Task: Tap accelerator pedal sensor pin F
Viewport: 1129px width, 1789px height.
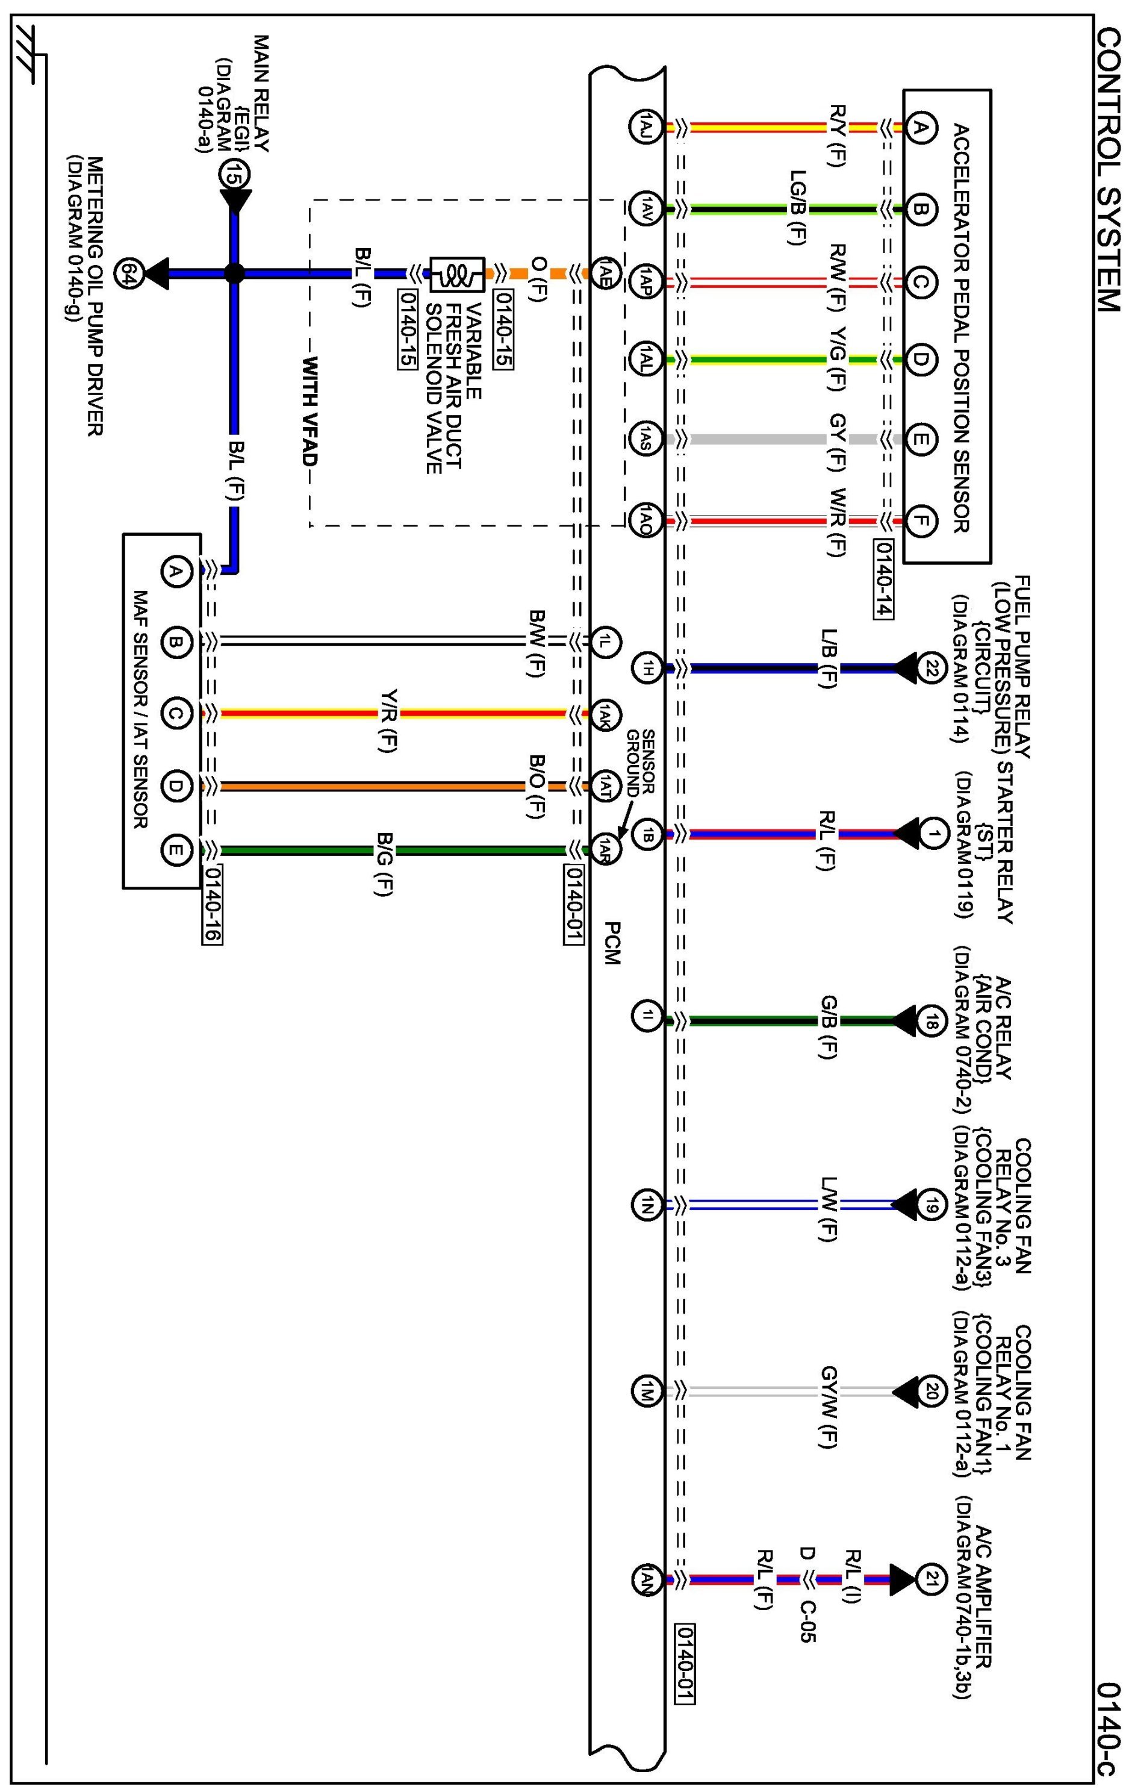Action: [919, 521]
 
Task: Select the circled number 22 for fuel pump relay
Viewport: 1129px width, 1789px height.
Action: [931, 668]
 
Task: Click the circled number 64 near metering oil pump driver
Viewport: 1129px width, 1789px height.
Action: [127, 273]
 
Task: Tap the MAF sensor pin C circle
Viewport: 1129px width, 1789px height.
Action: [175, 714]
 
